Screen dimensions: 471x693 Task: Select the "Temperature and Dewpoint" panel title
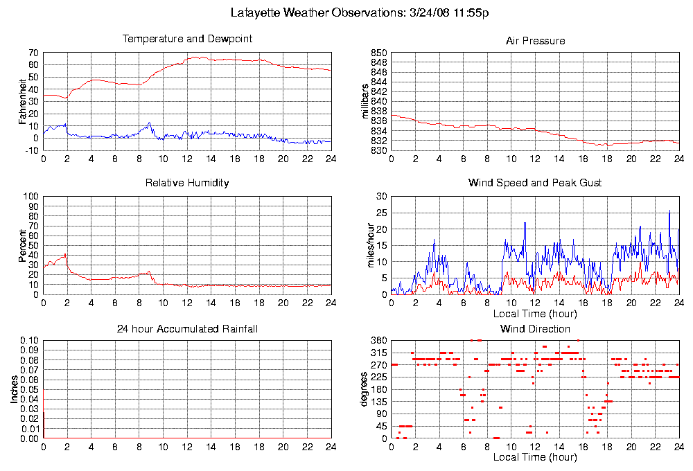pos(187,39)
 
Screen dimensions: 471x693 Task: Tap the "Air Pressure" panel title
pos(535,41)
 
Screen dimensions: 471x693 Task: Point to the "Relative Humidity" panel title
pos(187,183)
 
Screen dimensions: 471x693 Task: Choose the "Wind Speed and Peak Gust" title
pos(535,183)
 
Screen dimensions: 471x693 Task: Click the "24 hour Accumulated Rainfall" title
pos(187,328)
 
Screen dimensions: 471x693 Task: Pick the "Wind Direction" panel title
pos(535,328)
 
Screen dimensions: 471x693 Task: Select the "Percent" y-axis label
pos(22,245)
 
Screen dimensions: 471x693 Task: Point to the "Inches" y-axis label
pos(14,390)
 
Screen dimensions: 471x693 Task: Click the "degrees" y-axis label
pos(366,389)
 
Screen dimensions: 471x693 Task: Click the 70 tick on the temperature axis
pos(32,53)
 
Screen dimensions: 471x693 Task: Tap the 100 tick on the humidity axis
pos(30,196)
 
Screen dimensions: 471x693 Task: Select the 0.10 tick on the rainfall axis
pos(28,341)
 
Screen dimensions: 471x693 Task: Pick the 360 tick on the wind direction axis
pos(378,341)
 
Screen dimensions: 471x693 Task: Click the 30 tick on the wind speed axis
pos(380,196)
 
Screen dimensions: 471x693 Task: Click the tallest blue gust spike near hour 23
pos(669,211)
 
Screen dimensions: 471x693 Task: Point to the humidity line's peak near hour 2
pos(65,254)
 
